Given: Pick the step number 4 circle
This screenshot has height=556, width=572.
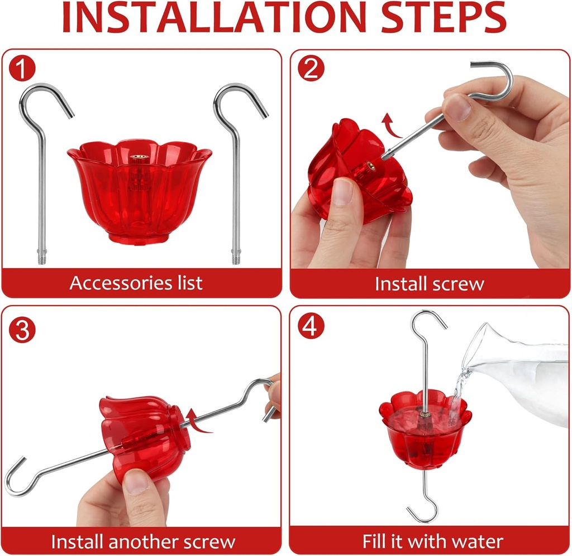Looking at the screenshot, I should [311, 327].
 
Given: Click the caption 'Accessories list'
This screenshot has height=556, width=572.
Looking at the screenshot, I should [136, 283].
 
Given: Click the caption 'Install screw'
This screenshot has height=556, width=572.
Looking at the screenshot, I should [429, 284].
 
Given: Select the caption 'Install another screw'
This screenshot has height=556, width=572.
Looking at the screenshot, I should [143, 541].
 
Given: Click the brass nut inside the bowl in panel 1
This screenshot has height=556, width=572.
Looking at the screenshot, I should [137, 159].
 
